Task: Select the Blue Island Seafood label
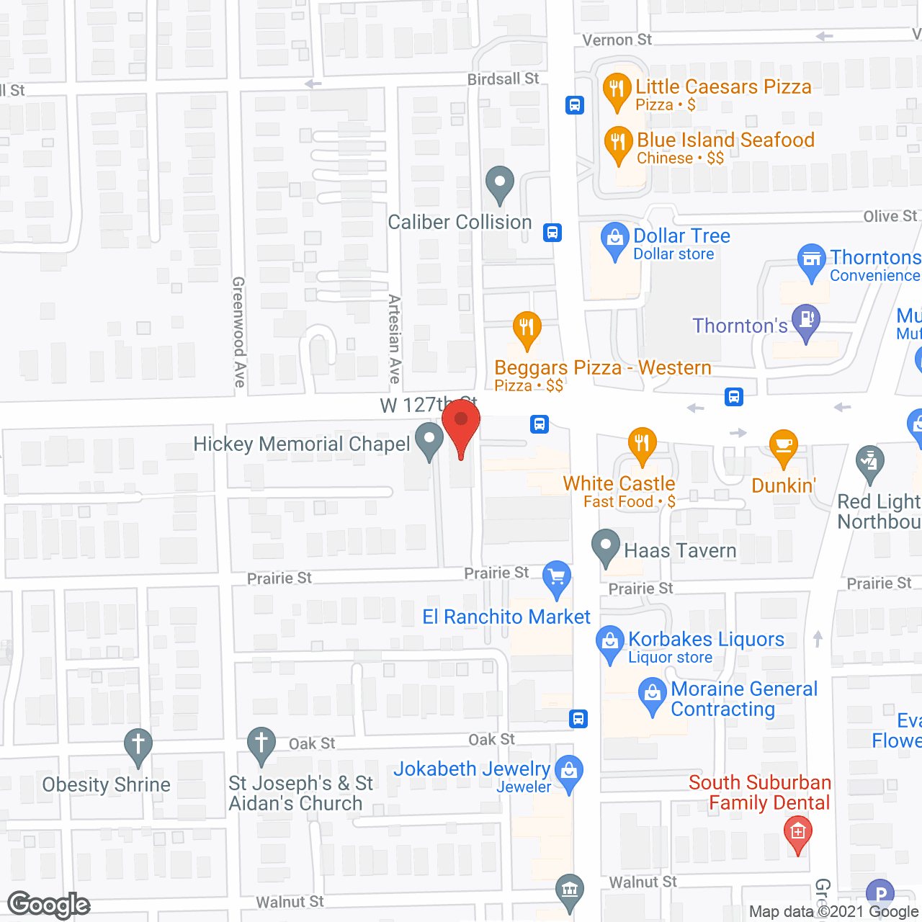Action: pos(725,140)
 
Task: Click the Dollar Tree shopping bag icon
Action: pos(614,239)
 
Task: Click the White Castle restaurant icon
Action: pos(642,444)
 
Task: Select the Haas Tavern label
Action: pos(680,551)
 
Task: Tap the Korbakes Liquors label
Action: pos(706,640)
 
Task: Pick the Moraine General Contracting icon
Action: pos(653,696)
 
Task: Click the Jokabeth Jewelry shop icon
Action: pos(569,772)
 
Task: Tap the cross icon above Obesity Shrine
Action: pos(138,745)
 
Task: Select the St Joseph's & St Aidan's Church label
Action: pos(300,793)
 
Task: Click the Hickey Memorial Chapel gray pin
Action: pos(430,439)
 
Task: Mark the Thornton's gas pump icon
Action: pos(806,322)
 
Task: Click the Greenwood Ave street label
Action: pos(239,332)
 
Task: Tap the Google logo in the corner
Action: pos(49,905)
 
